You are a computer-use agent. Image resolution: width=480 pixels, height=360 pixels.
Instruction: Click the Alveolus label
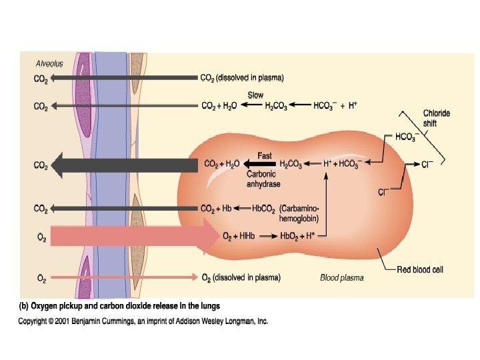coord(49,64)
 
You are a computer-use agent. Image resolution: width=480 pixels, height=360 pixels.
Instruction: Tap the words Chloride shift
coord(437,118)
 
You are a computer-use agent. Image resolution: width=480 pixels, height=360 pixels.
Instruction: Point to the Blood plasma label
coord(342,277)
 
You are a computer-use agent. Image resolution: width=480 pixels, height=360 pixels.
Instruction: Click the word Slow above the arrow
coord(255,95)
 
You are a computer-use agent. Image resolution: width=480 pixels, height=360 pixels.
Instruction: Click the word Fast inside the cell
coord(264,156)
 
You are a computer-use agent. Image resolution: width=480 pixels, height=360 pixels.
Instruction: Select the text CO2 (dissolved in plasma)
coord(242,78)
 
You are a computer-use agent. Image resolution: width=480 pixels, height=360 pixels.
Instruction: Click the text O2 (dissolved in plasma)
coord(241,277)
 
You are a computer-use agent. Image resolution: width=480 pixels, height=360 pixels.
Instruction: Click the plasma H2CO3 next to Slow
coord(276,106)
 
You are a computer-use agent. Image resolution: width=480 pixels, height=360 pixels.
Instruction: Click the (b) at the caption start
coord(23,306)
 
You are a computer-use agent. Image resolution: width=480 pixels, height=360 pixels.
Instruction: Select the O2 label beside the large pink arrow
coord(41,236)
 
